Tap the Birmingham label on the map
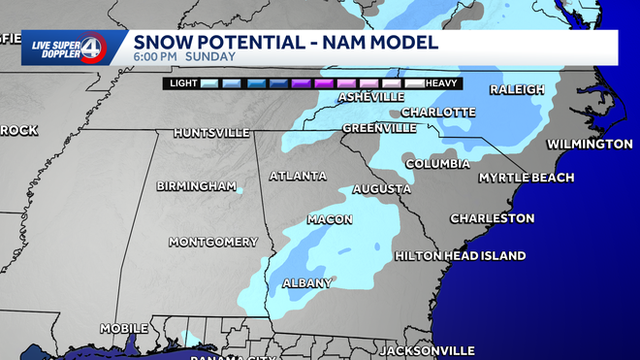(x=196, y=185)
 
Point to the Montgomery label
(x=213, y=242)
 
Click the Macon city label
(x=330, y=219)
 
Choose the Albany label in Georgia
(x=307, y=283)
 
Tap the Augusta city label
(x=382, y=188)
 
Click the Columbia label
(x=437, y=164)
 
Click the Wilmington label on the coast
(x=590, y=144)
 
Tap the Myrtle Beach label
(x=527, y=178)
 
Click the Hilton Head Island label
(x=461, y=256)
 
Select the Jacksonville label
(x=427, y=349)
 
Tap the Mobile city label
(x=123, y=328)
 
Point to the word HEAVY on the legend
(x=442, y=84)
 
